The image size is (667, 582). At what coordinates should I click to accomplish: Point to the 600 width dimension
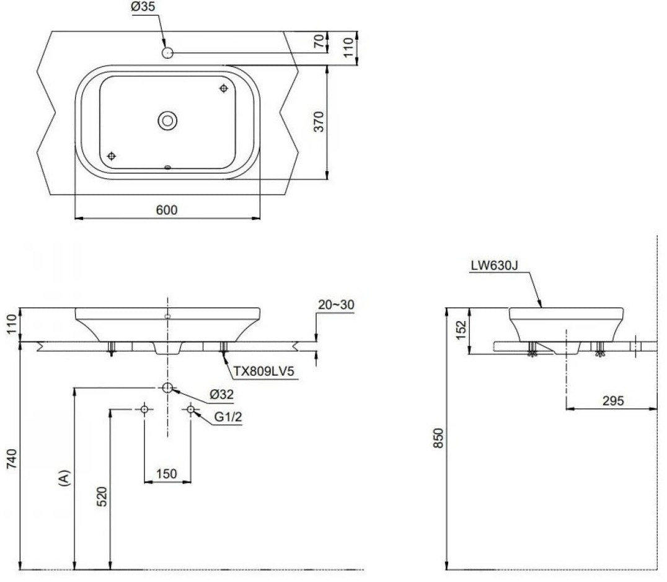point(167,210)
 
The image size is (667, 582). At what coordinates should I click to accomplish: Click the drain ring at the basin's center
point(167,120)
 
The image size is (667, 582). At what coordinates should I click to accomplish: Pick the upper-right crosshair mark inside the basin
point(224,89)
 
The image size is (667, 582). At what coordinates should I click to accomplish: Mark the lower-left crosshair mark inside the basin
point(112,155)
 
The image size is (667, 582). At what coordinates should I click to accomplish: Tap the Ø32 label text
point(221,394)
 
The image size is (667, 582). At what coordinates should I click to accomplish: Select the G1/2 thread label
point(227,417)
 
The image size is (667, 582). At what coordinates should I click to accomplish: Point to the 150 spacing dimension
point(167,474)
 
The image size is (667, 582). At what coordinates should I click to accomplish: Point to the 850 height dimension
point(440,438)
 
